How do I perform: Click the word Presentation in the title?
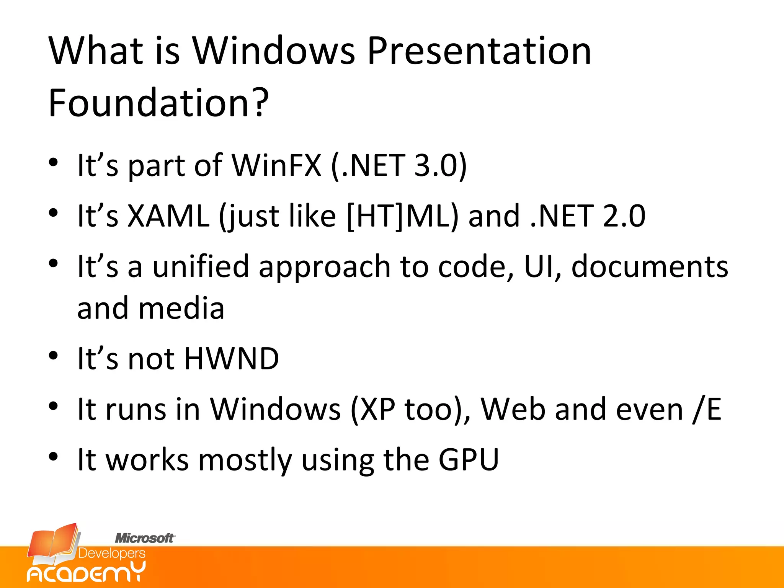479,52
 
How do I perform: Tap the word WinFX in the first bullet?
276,165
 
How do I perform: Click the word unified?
201,266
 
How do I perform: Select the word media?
181,309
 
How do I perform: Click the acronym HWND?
232,359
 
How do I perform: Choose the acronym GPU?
469,459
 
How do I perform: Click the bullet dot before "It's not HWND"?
53,356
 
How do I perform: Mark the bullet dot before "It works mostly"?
53,456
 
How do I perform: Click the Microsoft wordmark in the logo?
145,538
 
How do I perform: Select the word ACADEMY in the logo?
86,573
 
